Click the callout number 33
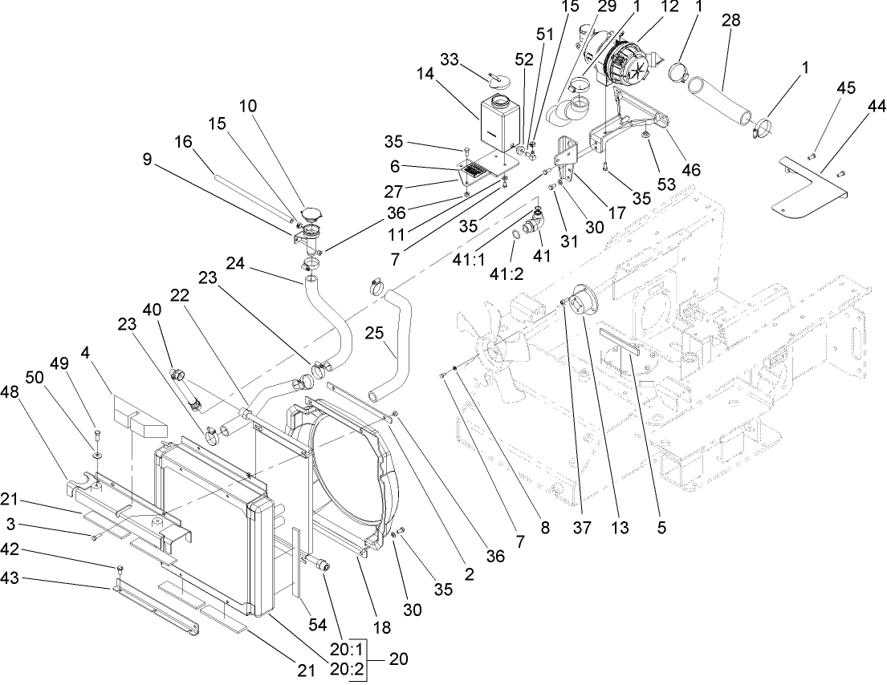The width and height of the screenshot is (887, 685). pos(451,61)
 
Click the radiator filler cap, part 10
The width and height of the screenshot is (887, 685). pos(309,215)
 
